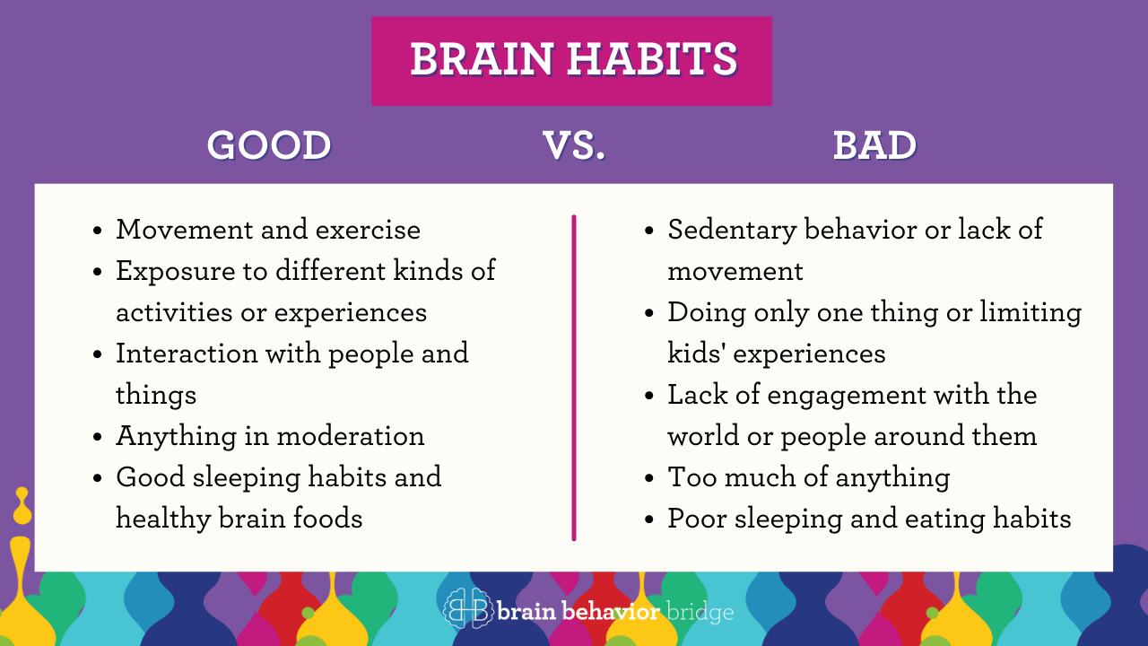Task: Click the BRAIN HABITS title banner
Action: point(572,60)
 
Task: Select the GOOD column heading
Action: point(269,146)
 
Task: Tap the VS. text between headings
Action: point(574,146)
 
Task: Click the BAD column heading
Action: point(874,146)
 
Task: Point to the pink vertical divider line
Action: point(574,377)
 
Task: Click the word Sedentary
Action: point(733,230)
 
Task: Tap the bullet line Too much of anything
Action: point(808,477)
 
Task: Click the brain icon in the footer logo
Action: point(466,609)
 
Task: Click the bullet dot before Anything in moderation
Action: point(98,437)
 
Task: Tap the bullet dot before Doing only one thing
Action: point(649,313)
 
